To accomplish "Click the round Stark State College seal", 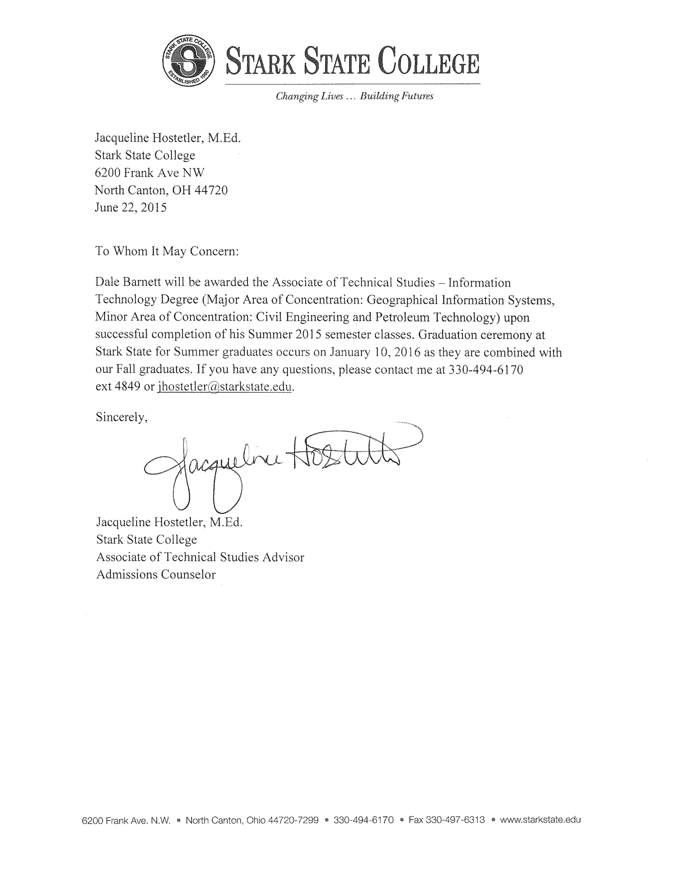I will pyautogui.click(x=189, y=60).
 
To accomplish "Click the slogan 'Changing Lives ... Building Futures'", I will pyautogui.click(x=355, y=96).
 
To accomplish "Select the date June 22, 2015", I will pyautogui.click(x=131, y=207).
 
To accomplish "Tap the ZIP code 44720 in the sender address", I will pyautogui.click(x=211, y=190).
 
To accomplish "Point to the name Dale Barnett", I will pyautogui.click(x=128, y=282).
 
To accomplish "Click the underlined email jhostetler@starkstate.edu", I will pyautogui.click(x=225, y=387).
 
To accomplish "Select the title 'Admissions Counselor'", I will pyautogui.click(x=156, y=574).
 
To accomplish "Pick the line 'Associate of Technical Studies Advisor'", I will pyautogui.click(x=200, y=557).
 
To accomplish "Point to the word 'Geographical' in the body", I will pyautogui.click(x=402, y=300).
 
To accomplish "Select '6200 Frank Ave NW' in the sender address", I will pyautogui.click(x=150, y=173).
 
